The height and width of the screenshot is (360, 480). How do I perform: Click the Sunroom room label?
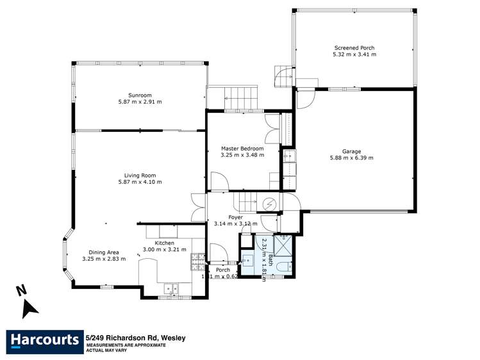140,95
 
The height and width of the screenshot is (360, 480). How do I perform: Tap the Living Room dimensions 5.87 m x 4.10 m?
140,182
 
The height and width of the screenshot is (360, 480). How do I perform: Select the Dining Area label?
104,252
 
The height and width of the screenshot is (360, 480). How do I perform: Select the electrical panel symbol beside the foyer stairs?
270,204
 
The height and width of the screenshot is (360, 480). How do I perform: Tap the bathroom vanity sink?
247,261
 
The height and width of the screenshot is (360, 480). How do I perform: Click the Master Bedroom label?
242,148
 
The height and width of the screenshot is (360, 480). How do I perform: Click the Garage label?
351,151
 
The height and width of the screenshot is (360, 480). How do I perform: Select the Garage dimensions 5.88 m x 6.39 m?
351,158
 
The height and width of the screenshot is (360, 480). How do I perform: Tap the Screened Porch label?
354,48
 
